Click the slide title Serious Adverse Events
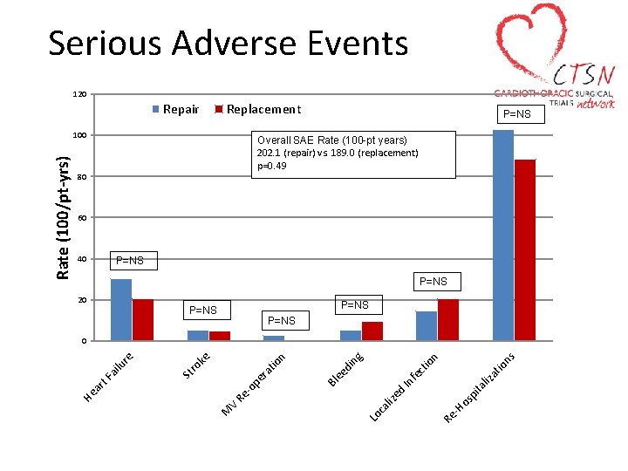[228, 43]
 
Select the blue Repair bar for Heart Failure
[121, 310]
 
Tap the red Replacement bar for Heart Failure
[143, 320]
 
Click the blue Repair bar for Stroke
[198, 336]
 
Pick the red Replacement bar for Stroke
[220, 336]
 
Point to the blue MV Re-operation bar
[274, 338]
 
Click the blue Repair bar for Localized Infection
[427, 325]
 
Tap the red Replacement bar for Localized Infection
[448, 320]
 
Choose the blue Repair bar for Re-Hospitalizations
[503, 235]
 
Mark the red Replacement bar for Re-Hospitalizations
[525, 250]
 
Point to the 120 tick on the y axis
[78, 94]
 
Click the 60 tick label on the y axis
[80, 217]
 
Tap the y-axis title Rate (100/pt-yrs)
[63, 218]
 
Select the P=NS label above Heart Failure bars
[130, 261]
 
